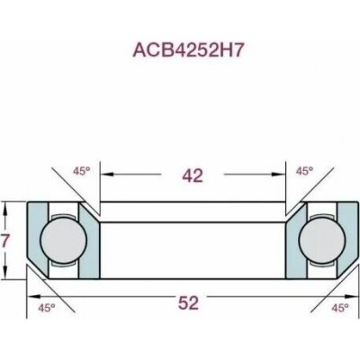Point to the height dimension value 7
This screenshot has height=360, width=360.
point(4,240)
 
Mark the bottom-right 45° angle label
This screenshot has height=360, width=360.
point(339,307)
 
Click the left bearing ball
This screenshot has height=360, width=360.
point(59,240)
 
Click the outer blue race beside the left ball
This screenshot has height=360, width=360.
point(35,240)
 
